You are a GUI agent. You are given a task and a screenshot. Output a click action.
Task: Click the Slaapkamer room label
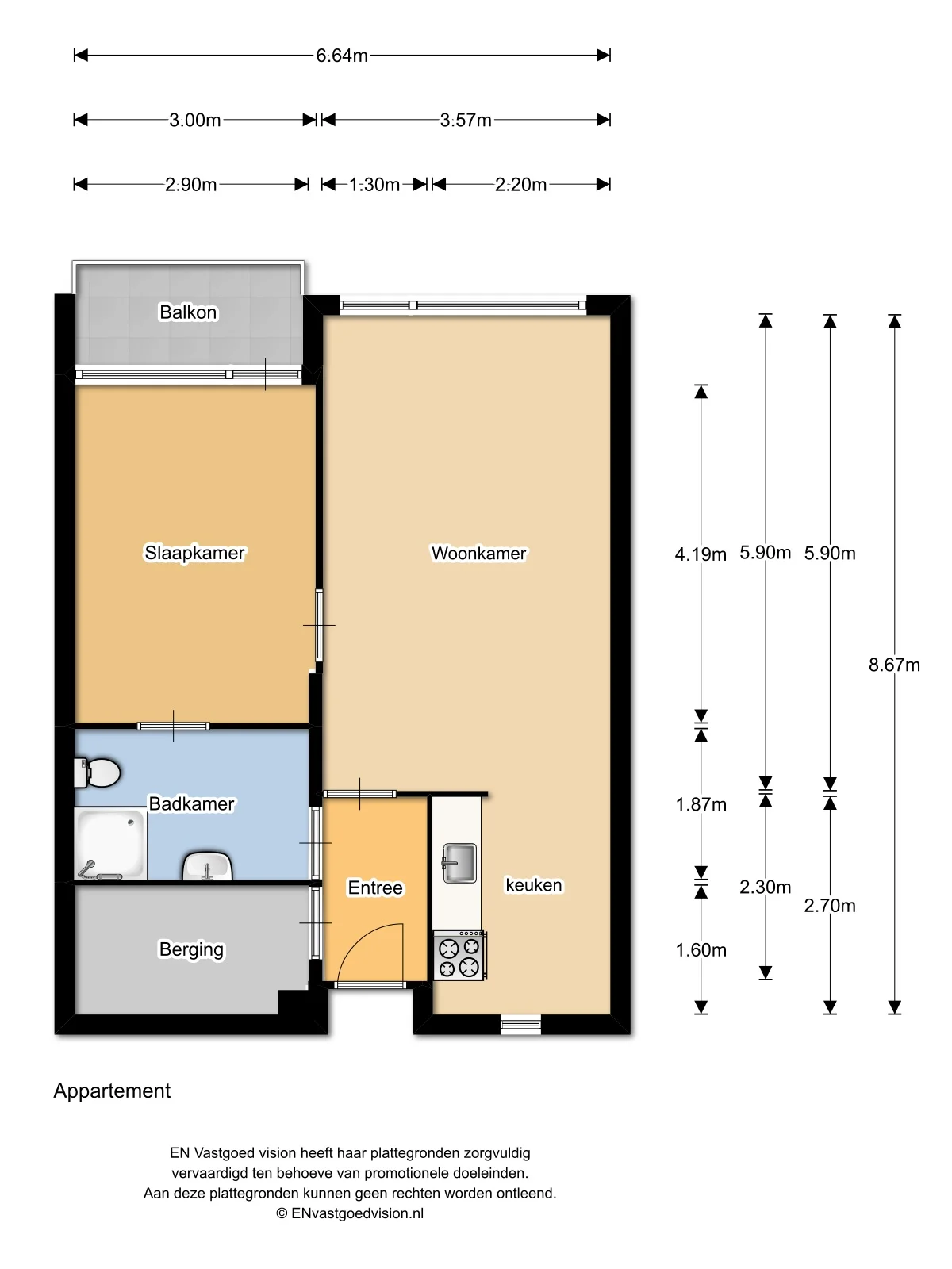pyautogui.click(x=194, y=553)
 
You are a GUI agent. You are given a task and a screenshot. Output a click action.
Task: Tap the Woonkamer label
pyautogui.click(x=478, y=554)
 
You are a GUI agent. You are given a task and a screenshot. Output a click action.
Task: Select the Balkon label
pyautogui.click(x=188, y=312)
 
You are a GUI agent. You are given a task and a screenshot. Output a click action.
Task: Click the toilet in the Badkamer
pyautogui.click(x=97, y=772)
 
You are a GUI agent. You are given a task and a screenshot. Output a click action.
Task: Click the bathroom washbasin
pyautogui.click(x=208, y=866)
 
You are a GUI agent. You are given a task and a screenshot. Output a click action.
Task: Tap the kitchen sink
pyautogui.click(x=459, y=863)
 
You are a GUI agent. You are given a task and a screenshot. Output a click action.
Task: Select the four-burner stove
pyautogui.click(x=459, y=956)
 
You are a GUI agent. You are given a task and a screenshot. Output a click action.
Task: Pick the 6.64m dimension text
pyautogui.click(x=342, y=56)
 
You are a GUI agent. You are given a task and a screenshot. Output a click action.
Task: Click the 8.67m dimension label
pyautogui.click(x=894, y=665)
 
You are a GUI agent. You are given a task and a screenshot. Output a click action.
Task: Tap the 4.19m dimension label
pyautogui.click(x=701, y=554)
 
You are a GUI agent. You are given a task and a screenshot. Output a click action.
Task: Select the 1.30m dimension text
pyautogui.click(x=374, y=185)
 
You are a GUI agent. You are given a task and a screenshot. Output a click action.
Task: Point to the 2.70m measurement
pyautogui.click(x=830, y=906)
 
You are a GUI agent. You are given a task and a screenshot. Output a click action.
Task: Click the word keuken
pyautogui.click(x=534, y=885)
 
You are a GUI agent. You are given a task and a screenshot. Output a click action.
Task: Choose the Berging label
pyautogui.click(x=191, y=949)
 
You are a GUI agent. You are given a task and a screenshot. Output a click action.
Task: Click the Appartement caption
pyautogui.click(x=112, y=1091)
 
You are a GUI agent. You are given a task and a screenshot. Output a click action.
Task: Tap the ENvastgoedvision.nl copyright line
pyautogui.click(x=350, y=1213)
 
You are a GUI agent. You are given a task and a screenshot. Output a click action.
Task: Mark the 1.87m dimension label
pyautogui.click(x=701, y=805)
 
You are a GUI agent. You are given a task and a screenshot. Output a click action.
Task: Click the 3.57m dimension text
pyautogui.click(x=466, y=121)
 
